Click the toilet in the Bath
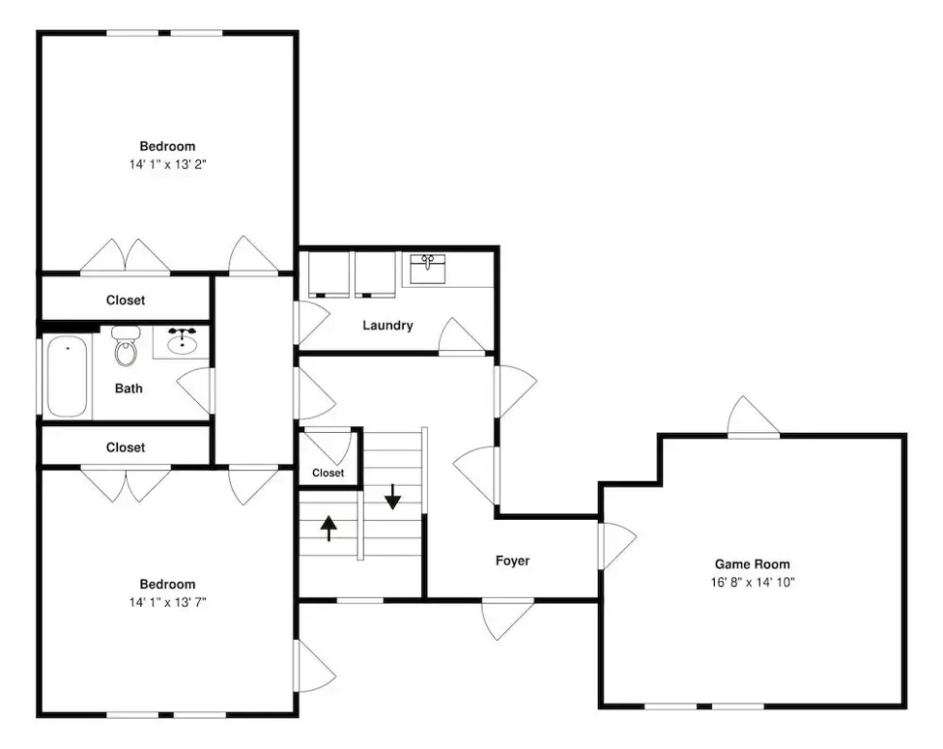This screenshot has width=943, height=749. point(126,346)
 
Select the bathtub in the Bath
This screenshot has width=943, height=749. point(66,376)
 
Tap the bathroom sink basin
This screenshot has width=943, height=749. point(181,344)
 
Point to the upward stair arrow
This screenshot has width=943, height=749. point(329,529)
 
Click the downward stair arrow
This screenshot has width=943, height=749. point(392,496)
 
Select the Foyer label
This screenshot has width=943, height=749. point(512,561)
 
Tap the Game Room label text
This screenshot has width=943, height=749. point(753,565)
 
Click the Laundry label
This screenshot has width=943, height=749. point(388,326)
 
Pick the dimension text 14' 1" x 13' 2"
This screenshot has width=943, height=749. point(168,164)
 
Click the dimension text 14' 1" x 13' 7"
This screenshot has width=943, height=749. point(168,602)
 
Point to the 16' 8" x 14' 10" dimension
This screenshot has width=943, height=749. point(753,582)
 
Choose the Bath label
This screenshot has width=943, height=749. point(129,388)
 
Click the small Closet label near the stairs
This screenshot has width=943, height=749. point(329,473)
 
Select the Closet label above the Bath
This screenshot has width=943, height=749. point(126,300)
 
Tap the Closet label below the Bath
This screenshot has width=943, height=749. point(126,448)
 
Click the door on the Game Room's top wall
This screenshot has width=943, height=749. point(753,416)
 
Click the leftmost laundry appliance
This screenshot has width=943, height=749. point(329,274)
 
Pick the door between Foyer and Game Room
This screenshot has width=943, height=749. point(616,545)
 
